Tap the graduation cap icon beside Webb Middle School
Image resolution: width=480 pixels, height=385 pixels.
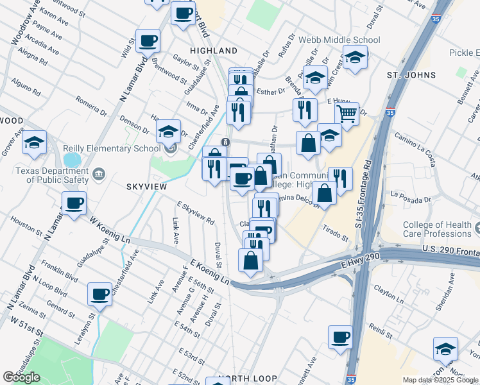point(355,58)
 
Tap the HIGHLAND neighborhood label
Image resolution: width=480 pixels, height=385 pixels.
point(214,50)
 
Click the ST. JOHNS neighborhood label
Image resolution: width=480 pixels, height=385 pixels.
point(411,75)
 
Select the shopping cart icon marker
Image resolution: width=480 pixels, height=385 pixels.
point(347,115)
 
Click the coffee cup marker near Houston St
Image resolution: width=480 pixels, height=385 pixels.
point(74,204)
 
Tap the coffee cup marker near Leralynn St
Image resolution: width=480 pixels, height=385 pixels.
point(99,295)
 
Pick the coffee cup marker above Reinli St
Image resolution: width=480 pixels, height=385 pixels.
point(340,337)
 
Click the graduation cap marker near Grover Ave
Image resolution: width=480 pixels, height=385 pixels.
point(35,142)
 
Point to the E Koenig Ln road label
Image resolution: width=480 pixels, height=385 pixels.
point(209,271)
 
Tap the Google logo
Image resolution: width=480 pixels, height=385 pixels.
point(21,377)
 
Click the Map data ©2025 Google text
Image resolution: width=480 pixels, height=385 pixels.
point(441,380)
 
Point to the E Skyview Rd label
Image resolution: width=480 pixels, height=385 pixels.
point(195,212)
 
